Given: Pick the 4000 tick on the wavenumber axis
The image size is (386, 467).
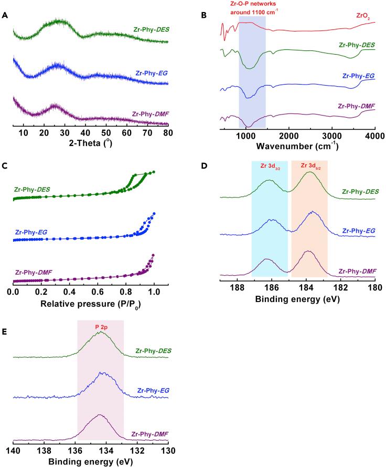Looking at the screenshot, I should coord(373,136).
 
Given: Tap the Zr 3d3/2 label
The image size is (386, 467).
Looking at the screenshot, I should coord(270,167).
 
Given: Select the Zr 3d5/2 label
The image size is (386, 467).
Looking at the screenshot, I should coord(309,167).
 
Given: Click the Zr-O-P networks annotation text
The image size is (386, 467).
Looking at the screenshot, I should coord(253,7).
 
